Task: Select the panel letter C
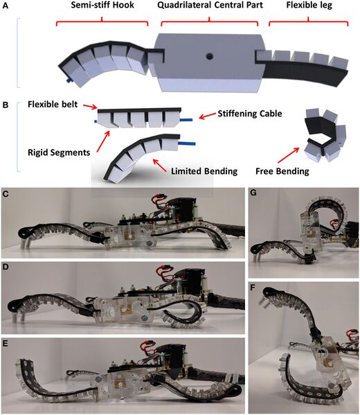[x=6, y=195]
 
